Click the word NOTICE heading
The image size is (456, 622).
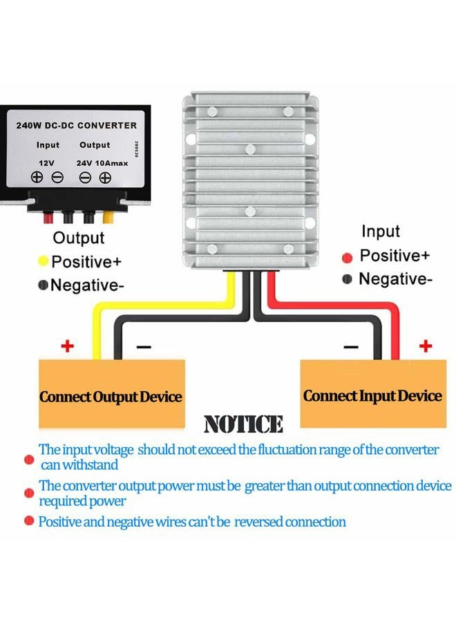243,424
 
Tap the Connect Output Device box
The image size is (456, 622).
112,393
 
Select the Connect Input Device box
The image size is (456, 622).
373,393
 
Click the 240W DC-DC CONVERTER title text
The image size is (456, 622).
77,125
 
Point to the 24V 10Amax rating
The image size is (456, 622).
102,163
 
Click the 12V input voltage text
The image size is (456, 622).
46,163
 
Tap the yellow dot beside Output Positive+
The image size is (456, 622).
43,261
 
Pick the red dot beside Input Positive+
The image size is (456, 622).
347,258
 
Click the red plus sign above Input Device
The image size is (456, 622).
426,346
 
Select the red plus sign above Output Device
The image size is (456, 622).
68,346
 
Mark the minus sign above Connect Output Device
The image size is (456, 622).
144,347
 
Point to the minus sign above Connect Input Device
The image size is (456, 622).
350,347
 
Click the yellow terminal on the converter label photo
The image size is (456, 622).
108,217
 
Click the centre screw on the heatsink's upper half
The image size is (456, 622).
250,149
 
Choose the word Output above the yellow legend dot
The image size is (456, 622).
79,238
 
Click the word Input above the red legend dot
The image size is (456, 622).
381,232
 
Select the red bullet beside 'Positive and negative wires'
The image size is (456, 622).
29,520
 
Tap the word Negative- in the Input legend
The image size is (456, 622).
395,279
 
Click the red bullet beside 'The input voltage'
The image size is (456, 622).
29,460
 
